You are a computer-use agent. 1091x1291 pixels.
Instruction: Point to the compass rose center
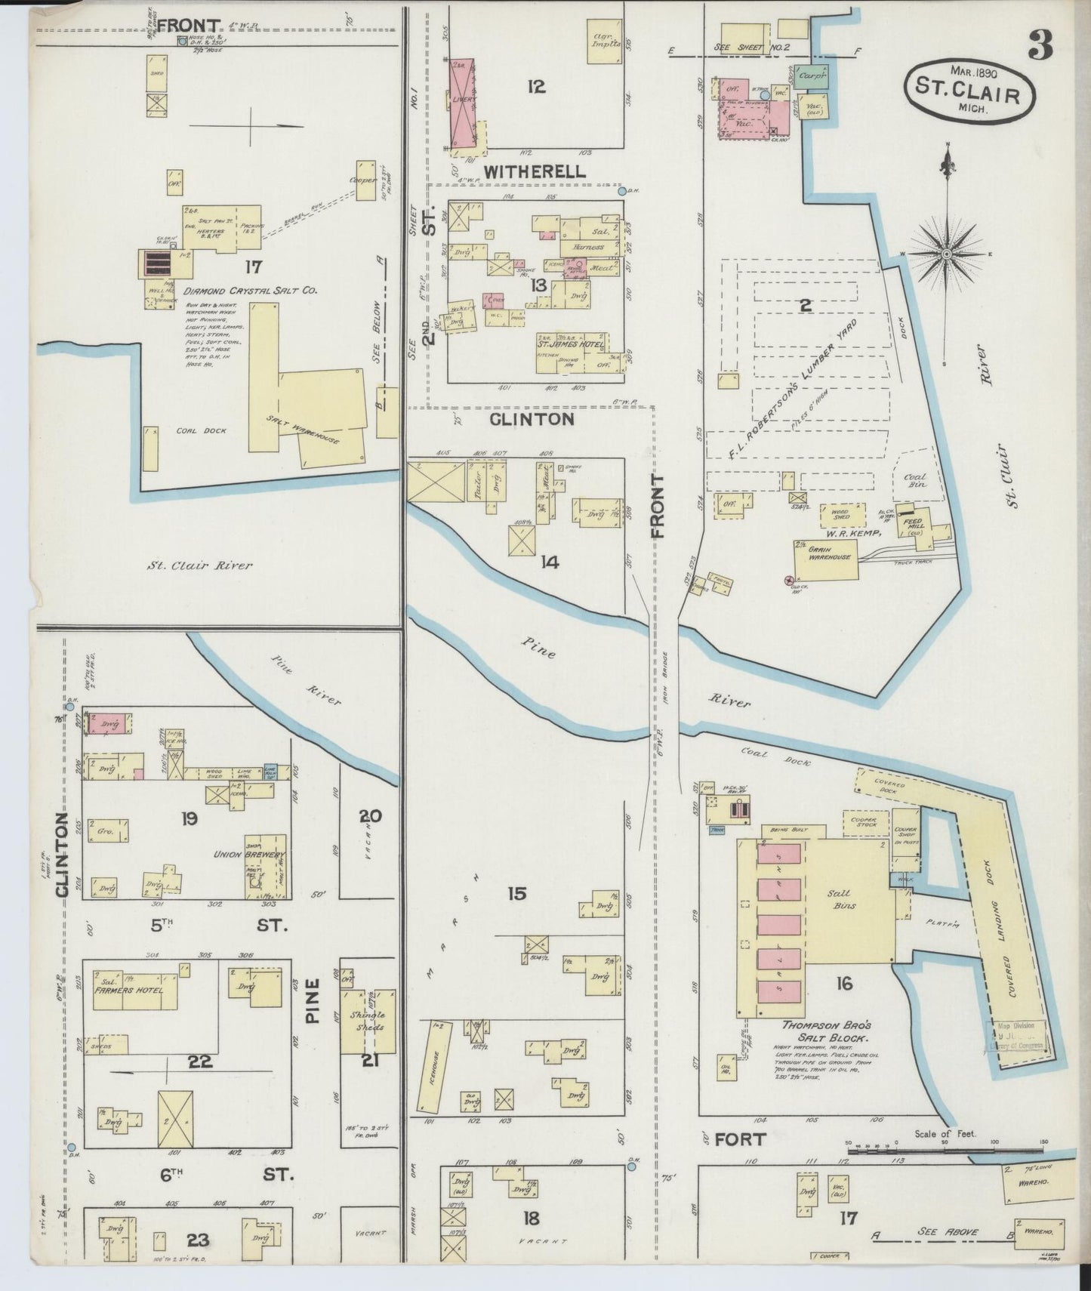point(945,254)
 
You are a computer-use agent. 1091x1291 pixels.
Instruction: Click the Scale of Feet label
point(945,1133)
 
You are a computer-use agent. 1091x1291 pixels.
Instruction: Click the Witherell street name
point(535,171)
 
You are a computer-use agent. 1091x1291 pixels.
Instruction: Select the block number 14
point(549,562)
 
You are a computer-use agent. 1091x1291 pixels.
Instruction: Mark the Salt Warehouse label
point(313,427)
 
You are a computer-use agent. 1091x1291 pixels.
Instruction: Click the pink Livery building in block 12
point(464,103)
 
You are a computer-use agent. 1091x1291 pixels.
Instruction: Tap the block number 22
point(200,1061)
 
